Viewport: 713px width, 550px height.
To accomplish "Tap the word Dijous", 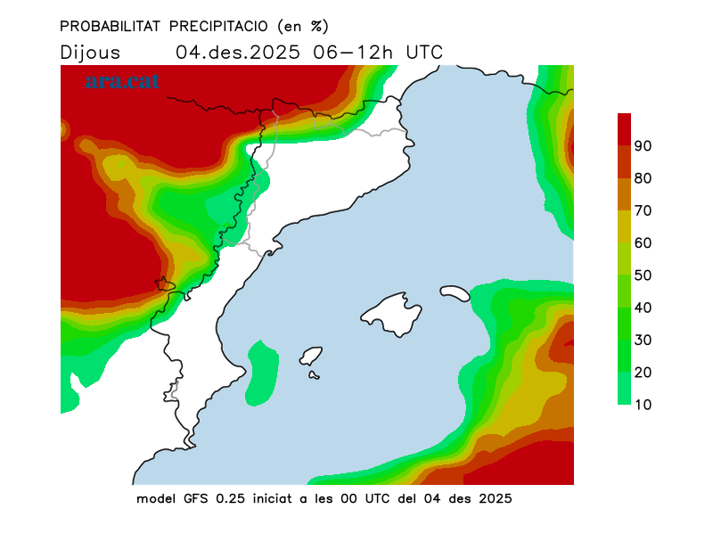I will (x=90, y=52).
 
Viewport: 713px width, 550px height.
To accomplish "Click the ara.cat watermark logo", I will (x=122, y=81).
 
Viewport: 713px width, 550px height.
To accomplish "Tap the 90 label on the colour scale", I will (x=643, y=146).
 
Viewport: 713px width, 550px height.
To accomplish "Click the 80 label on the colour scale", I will (x=643, y=178).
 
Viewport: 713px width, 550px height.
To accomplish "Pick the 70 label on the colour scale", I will (x=643, y=210).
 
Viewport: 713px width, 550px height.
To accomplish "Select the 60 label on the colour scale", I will (x=643, y=243).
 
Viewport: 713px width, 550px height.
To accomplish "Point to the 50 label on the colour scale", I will (x=643, y=275).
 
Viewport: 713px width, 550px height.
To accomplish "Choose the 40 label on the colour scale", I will (x=643, y=308).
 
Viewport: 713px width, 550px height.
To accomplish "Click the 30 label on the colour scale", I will (x=643, y=340).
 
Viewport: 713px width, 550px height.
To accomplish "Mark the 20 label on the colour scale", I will (x=643, y=373).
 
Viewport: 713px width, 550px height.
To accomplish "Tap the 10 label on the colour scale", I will (x=643, y=405).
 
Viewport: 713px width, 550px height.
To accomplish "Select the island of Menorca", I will (x=455, y=291).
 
